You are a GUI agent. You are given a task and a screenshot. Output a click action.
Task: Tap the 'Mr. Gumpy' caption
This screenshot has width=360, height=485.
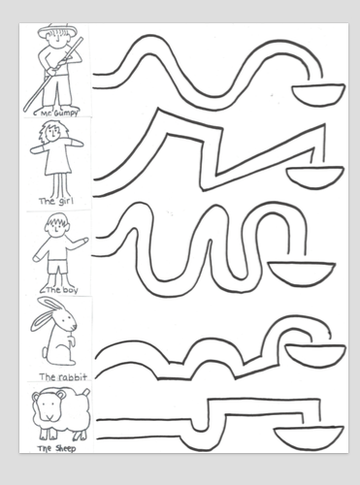(59, 113)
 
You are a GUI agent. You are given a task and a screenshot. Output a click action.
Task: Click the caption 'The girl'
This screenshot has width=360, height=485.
(56, 201)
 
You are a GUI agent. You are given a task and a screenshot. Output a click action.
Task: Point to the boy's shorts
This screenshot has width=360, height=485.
(58, 266)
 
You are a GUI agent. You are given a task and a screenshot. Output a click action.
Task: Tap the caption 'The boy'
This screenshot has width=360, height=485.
(62, 289)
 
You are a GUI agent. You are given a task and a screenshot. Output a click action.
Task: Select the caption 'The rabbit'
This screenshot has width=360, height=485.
(63, 376)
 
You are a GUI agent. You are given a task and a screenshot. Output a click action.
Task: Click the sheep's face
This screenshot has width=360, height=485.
(49, 406)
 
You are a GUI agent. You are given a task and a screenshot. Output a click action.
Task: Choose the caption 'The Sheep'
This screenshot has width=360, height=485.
(56, 448)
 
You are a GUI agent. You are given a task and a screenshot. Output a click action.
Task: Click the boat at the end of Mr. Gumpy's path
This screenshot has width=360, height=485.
(318, 94)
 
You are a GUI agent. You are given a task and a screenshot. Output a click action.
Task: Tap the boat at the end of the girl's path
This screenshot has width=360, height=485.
(315, 177)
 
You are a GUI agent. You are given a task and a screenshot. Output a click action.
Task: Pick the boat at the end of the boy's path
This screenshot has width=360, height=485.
(302, 274)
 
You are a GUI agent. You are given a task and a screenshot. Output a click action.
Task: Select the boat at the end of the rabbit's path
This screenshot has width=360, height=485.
(315, 357)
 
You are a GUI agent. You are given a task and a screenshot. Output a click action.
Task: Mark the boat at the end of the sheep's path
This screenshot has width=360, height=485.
(309, 437)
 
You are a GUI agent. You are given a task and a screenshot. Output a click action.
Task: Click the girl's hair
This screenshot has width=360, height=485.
(50, 130)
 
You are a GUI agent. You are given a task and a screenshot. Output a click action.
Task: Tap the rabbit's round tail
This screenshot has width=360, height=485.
(46, 351)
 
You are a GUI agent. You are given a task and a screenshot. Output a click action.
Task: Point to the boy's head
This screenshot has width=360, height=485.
(57, 224)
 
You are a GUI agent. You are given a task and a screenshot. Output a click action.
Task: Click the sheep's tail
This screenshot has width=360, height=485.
(85, 392)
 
